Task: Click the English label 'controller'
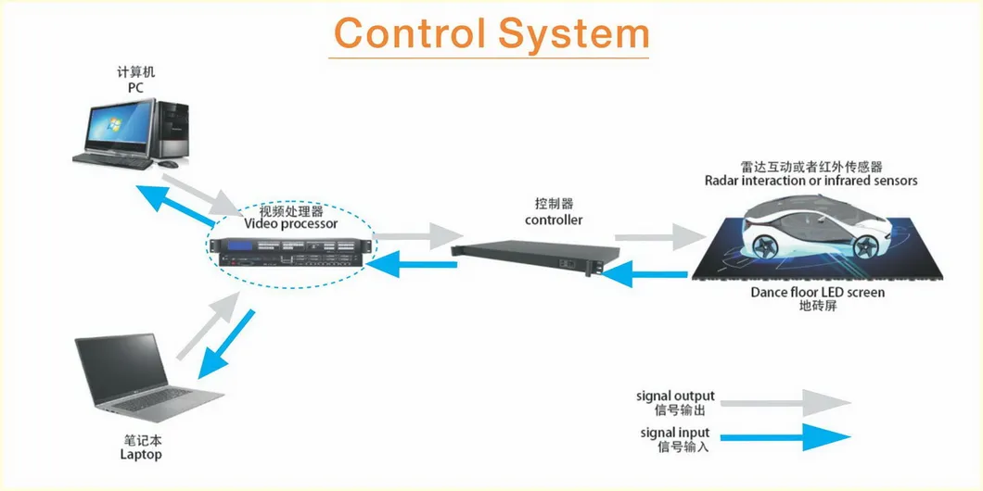[554, 220]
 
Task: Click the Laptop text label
[141, 454]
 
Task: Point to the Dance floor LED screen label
[818, 293]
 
